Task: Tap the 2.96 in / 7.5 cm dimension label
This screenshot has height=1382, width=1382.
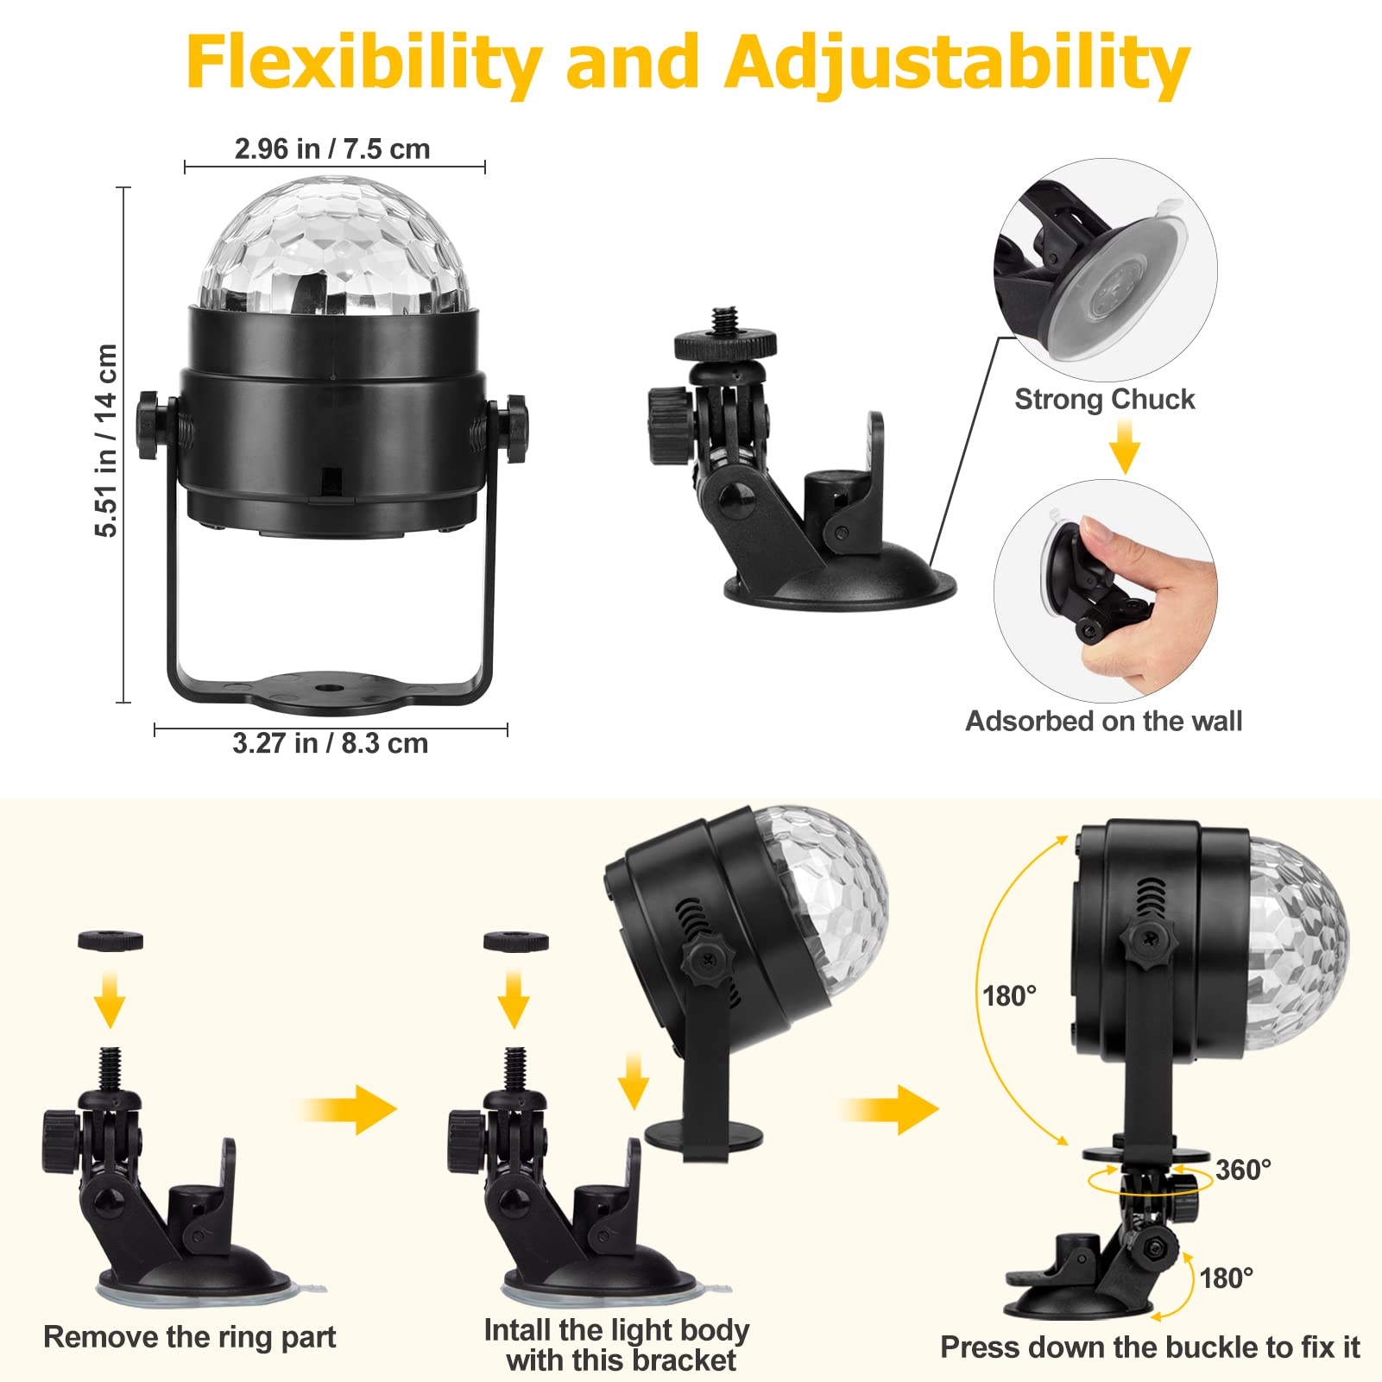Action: [332, 148]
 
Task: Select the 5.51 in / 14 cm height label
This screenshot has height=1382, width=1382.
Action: [105, 440]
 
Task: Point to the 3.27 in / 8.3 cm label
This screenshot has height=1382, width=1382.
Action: [331, 743]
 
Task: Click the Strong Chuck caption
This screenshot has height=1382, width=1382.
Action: [1105, 399]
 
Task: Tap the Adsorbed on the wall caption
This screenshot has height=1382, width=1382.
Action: [1104, 721]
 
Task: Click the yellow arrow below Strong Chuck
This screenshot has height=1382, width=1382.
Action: [1125, 445]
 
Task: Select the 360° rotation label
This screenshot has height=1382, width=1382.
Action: [1243, 1170]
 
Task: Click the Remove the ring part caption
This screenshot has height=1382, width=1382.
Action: [190, 1337]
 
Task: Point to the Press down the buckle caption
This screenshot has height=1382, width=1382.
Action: [1151, 1347]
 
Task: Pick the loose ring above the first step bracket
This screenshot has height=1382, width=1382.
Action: [110, 940]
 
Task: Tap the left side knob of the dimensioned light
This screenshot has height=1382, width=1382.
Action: [149, 425]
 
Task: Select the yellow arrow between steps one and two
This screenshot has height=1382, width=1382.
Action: [349, 1109]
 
